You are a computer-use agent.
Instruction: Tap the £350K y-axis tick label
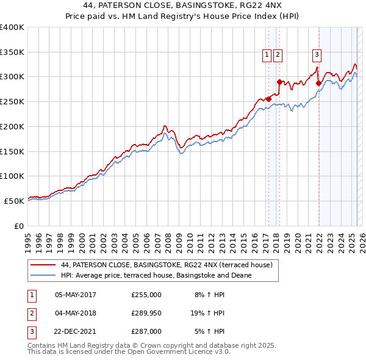point(12,52)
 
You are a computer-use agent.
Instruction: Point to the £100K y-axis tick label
point(12,176)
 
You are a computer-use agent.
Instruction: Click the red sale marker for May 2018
point(279,82)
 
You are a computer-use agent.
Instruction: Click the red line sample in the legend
point(44,265)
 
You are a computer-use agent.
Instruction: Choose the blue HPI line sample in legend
point(44,275)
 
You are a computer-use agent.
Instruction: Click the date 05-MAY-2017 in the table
point(76,295)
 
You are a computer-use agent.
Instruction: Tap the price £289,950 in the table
point(146,313)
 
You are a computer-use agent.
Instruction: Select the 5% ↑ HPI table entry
point(209,331)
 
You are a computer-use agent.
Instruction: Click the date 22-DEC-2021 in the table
point(76,331)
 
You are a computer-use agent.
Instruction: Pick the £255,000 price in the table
point(146,295)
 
